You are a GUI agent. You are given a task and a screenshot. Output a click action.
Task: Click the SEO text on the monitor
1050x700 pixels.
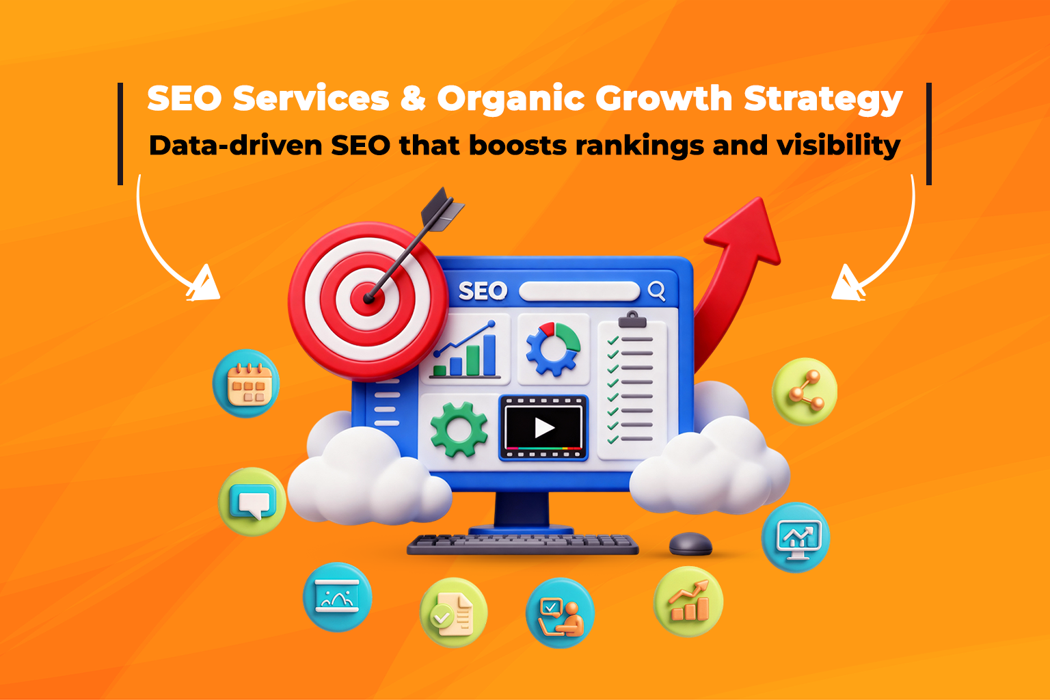pyautogui.click(x=483, y=291)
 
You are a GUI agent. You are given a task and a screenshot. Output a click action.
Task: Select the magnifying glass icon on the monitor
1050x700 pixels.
pyautogui.click(x=656, y=291)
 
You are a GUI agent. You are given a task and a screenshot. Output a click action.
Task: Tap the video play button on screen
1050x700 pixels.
pyautogui.click(x=544, y=428)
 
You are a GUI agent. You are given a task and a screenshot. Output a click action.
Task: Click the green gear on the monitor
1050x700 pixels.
pyautogui.click(x=459, y=429)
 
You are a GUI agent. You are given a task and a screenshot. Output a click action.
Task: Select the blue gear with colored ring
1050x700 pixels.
pyautogui.click(x=552, y=349)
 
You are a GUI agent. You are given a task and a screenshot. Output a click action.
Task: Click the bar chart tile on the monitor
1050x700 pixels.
pyautogui.click(x=467, y=350)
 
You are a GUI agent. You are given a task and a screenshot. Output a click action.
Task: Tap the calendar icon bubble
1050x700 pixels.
pyautogui.click(x=247, y=384)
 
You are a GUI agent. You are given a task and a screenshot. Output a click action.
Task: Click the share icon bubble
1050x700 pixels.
pyautogui.click(x=805, y=392)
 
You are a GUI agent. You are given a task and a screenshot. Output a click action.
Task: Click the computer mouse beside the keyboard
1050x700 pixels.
pyautogui.click(x=690, y=544)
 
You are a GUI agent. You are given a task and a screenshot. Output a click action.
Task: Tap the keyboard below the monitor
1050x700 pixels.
pyautogui.click(x=523, y=544)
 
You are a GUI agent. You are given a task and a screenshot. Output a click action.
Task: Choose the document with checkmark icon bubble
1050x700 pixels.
pyautogui.click(x=453, y=612)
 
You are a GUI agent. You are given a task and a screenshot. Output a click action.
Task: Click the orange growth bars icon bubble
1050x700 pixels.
pyautogui.click(x=688, y=602)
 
